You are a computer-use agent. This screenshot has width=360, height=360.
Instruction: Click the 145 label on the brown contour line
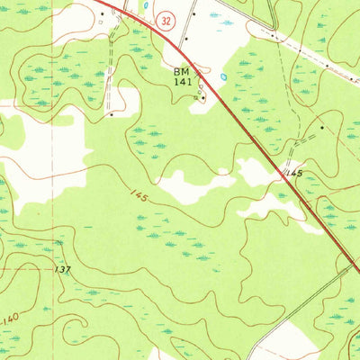[x=137, y=194]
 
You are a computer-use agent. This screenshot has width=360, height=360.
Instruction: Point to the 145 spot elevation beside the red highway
[x=293, y=171]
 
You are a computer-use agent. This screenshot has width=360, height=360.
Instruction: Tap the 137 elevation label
[x=62, y=269]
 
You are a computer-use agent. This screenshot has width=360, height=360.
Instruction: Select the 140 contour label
[x=10, y=318]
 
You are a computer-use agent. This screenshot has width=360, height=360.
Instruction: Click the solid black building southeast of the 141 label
[x=202, y=97]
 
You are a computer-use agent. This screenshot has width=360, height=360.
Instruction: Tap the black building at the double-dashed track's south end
[x=110, y=115]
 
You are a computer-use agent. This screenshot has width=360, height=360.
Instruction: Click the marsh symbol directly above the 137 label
[x=59, y=243]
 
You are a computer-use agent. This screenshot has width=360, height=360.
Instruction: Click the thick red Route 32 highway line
[x=243, y=126]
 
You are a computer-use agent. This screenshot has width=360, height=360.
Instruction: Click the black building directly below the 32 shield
[x=184, y=40]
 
